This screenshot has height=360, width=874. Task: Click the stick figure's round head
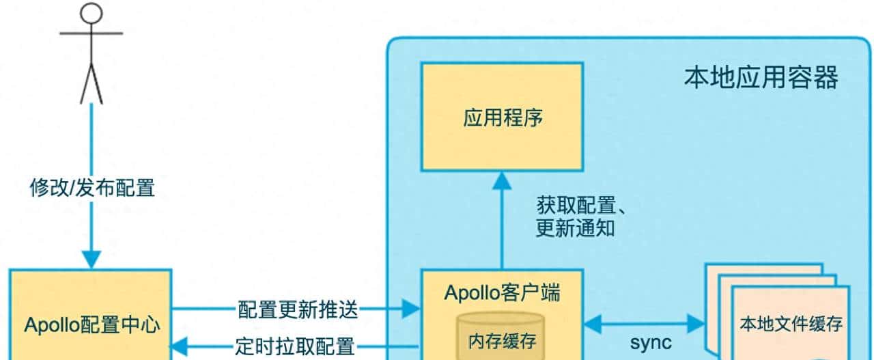coord(91,13)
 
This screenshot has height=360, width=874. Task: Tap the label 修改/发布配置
coord(92,187)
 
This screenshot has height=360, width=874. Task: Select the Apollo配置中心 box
coord(91,324)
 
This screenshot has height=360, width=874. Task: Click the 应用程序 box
coord(502,117)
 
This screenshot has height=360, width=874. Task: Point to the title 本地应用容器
coord(761,79)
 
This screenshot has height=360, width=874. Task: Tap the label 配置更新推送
coord(298,309)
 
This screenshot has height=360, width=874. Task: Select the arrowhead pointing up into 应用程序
coord(503,180)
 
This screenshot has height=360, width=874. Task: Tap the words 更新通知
coord(575,227)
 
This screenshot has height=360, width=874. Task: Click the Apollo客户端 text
coord(502,293)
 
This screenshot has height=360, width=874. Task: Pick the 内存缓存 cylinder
coord(501,336)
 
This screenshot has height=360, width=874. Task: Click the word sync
coord(650,342)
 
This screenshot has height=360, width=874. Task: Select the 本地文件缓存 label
coord(791,324)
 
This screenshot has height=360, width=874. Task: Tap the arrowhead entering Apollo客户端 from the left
coord(411,309)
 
